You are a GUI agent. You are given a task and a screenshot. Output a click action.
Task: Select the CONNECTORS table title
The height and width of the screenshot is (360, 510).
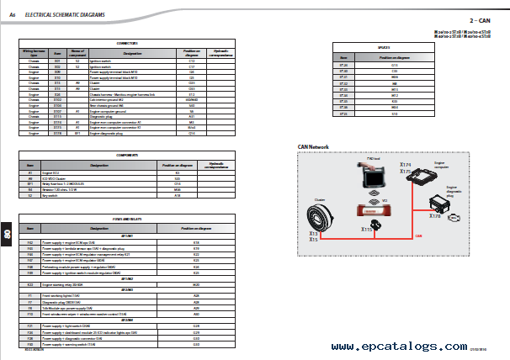(126, 41)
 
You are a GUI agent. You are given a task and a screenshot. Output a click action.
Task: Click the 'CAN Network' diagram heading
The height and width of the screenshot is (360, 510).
(313, 146)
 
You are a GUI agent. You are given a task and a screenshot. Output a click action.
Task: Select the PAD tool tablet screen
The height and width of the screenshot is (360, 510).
(372, 179)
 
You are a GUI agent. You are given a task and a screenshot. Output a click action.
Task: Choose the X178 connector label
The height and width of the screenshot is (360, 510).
(434, 216)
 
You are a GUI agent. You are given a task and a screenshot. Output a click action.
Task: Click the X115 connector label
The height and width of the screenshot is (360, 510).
(367, 229)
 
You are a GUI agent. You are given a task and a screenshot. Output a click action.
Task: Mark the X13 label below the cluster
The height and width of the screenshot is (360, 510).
(314, 233)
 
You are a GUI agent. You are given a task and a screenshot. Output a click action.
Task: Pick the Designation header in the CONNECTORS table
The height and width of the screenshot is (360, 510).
(132, 53)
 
